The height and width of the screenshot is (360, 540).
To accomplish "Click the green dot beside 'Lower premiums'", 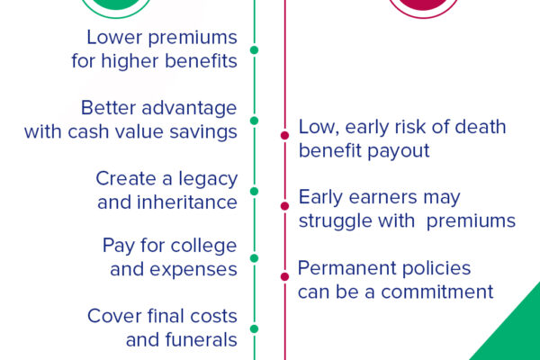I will click(254, 50).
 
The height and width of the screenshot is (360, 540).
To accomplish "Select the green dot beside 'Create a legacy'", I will click(254, 191).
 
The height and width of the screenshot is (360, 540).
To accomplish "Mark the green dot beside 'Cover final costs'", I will click(254, 328).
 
